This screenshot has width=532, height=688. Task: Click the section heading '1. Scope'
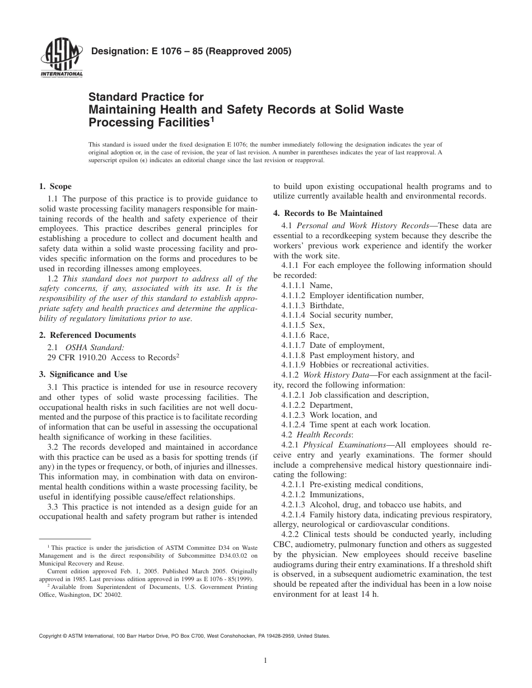tap(55, 186)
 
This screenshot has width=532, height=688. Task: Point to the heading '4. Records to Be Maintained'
tap(328, 213)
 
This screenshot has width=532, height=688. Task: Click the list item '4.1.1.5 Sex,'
tap(303, 325)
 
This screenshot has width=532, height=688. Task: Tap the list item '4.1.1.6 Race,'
tap(305, 335)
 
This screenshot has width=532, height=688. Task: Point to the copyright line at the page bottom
tap(184, 636)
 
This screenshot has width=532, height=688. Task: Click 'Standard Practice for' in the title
tap(146, 97)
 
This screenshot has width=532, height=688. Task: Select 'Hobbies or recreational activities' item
tap(369, 365)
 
